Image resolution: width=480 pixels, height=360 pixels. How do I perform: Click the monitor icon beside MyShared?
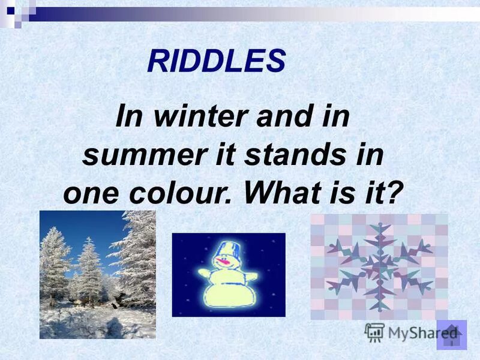click(x=374, y=332)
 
